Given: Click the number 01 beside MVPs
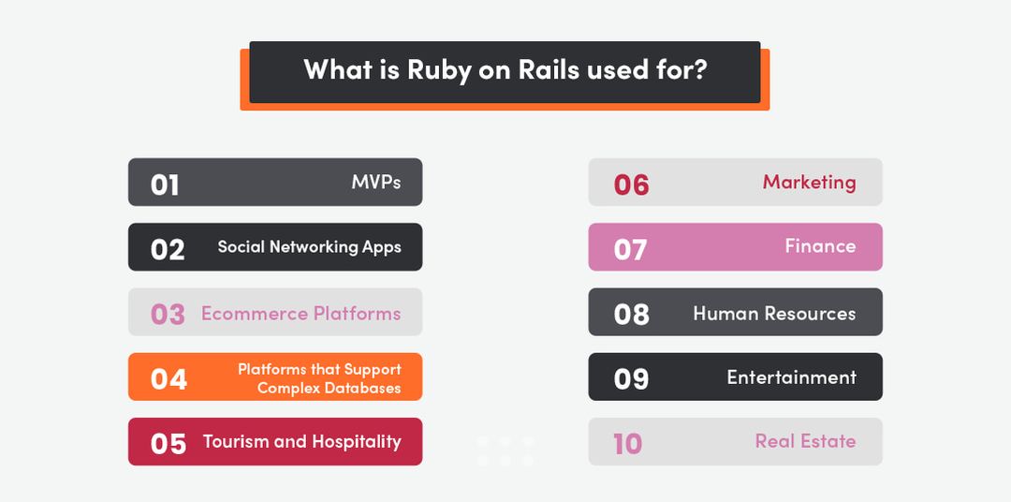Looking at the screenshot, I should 165,184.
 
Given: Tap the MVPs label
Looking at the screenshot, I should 376,182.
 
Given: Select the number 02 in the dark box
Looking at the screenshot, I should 168,249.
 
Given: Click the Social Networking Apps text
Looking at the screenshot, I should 309,247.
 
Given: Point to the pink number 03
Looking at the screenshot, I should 168,314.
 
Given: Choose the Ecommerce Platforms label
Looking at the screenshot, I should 300,313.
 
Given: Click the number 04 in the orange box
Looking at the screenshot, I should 168,378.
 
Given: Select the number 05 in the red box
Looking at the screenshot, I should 168,443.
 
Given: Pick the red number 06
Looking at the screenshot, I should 631,185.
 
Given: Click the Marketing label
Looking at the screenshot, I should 809,182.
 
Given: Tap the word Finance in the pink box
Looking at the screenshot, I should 820,246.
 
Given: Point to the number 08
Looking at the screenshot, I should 631,314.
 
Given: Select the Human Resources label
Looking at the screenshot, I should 774,313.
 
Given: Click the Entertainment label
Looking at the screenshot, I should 791,377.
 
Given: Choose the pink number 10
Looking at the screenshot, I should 627,443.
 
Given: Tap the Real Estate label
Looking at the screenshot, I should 805,441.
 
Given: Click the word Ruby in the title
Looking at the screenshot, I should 439,71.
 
